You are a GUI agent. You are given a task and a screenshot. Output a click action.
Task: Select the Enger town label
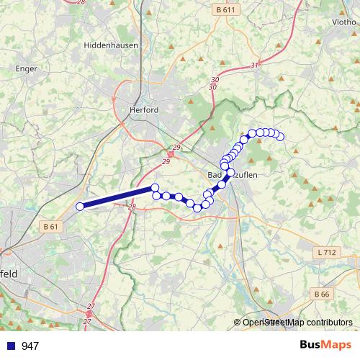26,69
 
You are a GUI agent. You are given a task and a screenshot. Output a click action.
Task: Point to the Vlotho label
343,22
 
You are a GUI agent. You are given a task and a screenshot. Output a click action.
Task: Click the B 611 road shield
226,10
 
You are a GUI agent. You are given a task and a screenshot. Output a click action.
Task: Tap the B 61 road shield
50,227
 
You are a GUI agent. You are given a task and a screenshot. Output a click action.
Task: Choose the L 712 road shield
326,253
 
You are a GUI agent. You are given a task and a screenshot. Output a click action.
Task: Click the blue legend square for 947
10,346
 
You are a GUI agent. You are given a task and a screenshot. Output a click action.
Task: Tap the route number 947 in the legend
31,346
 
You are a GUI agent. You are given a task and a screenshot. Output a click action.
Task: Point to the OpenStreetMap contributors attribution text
297,323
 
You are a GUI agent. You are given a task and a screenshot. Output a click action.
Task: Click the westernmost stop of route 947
80,207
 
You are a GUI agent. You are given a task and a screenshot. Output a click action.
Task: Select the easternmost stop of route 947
280,137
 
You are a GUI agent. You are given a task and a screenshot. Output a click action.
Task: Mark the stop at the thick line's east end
154,188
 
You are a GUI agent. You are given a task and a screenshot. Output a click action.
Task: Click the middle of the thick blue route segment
117,197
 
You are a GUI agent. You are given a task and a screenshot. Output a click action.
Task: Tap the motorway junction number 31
254,66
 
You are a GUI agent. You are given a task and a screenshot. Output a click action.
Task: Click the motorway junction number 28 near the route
132,207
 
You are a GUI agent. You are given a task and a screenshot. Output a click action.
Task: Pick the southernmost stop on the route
197,208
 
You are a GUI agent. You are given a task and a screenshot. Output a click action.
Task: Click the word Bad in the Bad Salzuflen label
215,175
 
